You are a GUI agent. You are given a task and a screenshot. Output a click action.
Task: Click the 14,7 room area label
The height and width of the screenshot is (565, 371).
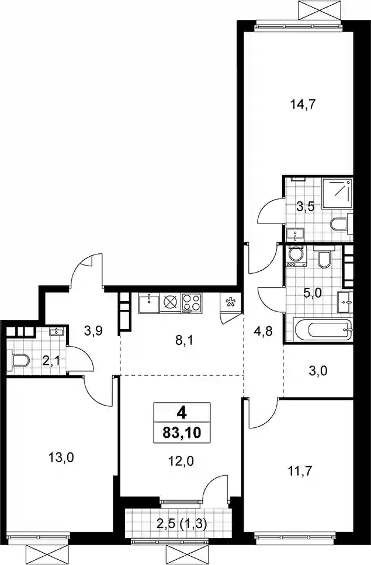(x=303, y=104)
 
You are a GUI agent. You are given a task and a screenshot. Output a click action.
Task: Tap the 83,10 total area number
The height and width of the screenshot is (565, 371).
(x=182, y=432)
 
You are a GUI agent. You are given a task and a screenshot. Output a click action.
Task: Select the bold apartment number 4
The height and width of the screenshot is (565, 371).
(x=182, y=413)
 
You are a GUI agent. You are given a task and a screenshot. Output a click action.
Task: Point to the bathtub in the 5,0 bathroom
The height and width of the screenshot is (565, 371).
(x=323, y=329)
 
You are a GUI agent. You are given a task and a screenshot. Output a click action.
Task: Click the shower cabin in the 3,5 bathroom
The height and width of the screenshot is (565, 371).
(x=336, y=193)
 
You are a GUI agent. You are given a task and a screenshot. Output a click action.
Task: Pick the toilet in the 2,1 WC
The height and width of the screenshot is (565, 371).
(x=20, y=360)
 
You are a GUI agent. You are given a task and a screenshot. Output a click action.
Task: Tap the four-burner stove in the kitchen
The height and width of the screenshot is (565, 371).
(x=192, y=303)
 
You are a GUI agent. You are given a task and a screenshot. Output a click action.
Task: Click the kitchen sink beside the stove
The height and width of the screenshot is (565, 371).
(x=148, y=304)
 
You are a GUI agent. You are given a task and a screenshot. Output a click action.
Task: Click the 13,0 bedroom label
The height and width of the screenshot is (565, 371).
(x=61, y=458)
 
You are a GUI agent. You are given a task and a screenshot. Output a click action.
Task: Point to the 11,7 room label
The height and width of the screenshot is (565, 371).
(x=300, y=470)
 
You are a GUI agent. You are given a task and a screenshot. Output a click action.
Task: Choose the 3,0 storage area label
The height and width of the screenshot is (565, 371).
(x=318, y=370)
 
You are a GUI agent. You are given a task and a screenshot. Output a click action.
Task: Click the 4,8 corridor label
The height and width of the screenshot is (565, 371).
(x=263, y=331)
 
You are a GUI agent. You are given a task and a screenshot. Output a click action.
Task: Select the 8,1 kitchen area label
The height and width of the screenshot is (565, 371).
(x=184, y=340)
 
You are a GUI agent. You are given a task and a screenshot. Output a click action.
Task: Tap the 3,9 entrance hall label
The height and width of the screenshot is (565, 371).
(x=93, y=330)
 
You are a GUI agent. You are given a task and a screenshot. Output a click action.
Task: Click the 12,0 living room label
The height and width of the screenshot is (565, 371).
(x=181, y=461)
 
